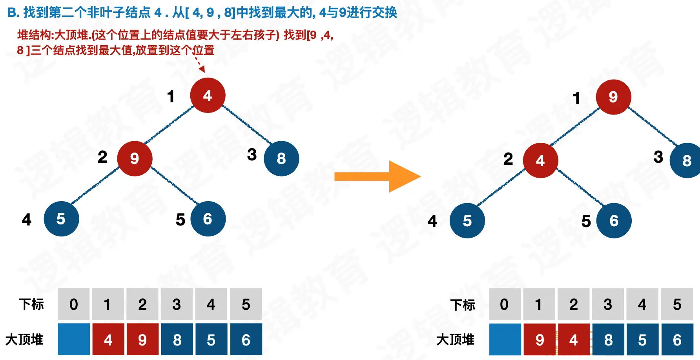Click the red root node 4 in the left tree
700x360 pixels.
click(208, 95)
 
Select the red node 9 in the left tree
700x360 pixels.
click(135, 158)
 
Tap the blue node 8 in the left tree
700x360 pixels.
click(281, 158)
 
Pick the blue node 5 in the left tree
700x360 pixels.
click(61, 219)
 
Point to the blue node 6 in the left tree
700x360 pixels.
click(208, 219)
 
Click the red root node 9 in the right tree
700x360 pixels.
click(613, 97)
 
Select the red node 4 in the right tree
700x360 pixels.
click(540, 160)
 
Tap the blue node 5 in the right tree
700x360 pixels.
click(467, 221)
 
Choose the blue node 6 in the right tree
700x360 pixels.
click(614, 221)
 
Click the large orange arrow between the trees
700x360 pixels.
click(377, 176)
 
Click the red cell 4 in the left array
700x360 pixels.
click(108, 340)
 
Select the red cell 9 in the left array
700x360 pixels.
click(142, 340)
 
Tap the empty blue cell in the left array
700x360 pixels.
click(74, 340)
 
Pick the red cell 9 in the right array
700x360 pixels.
click(540, 340)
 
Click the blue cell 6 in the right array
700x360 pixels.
click(677, 340)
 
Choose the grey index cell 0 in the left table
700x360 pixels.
click(74, 304)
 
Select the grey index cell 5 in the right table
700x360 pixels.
click(677, 304)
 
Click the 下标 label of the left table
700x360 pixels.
click(31, 304)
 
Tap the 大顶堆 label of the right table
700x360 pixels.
click(455, 340)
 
